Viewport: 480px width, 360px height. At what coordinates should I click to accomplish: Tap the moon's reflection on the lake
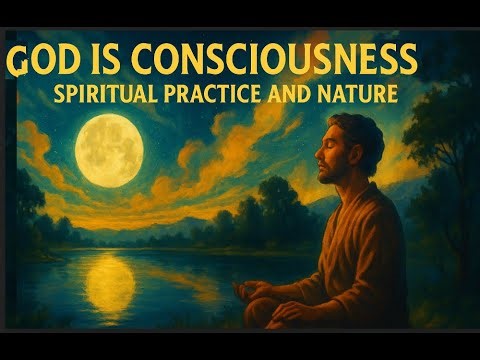pos(110,285)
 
